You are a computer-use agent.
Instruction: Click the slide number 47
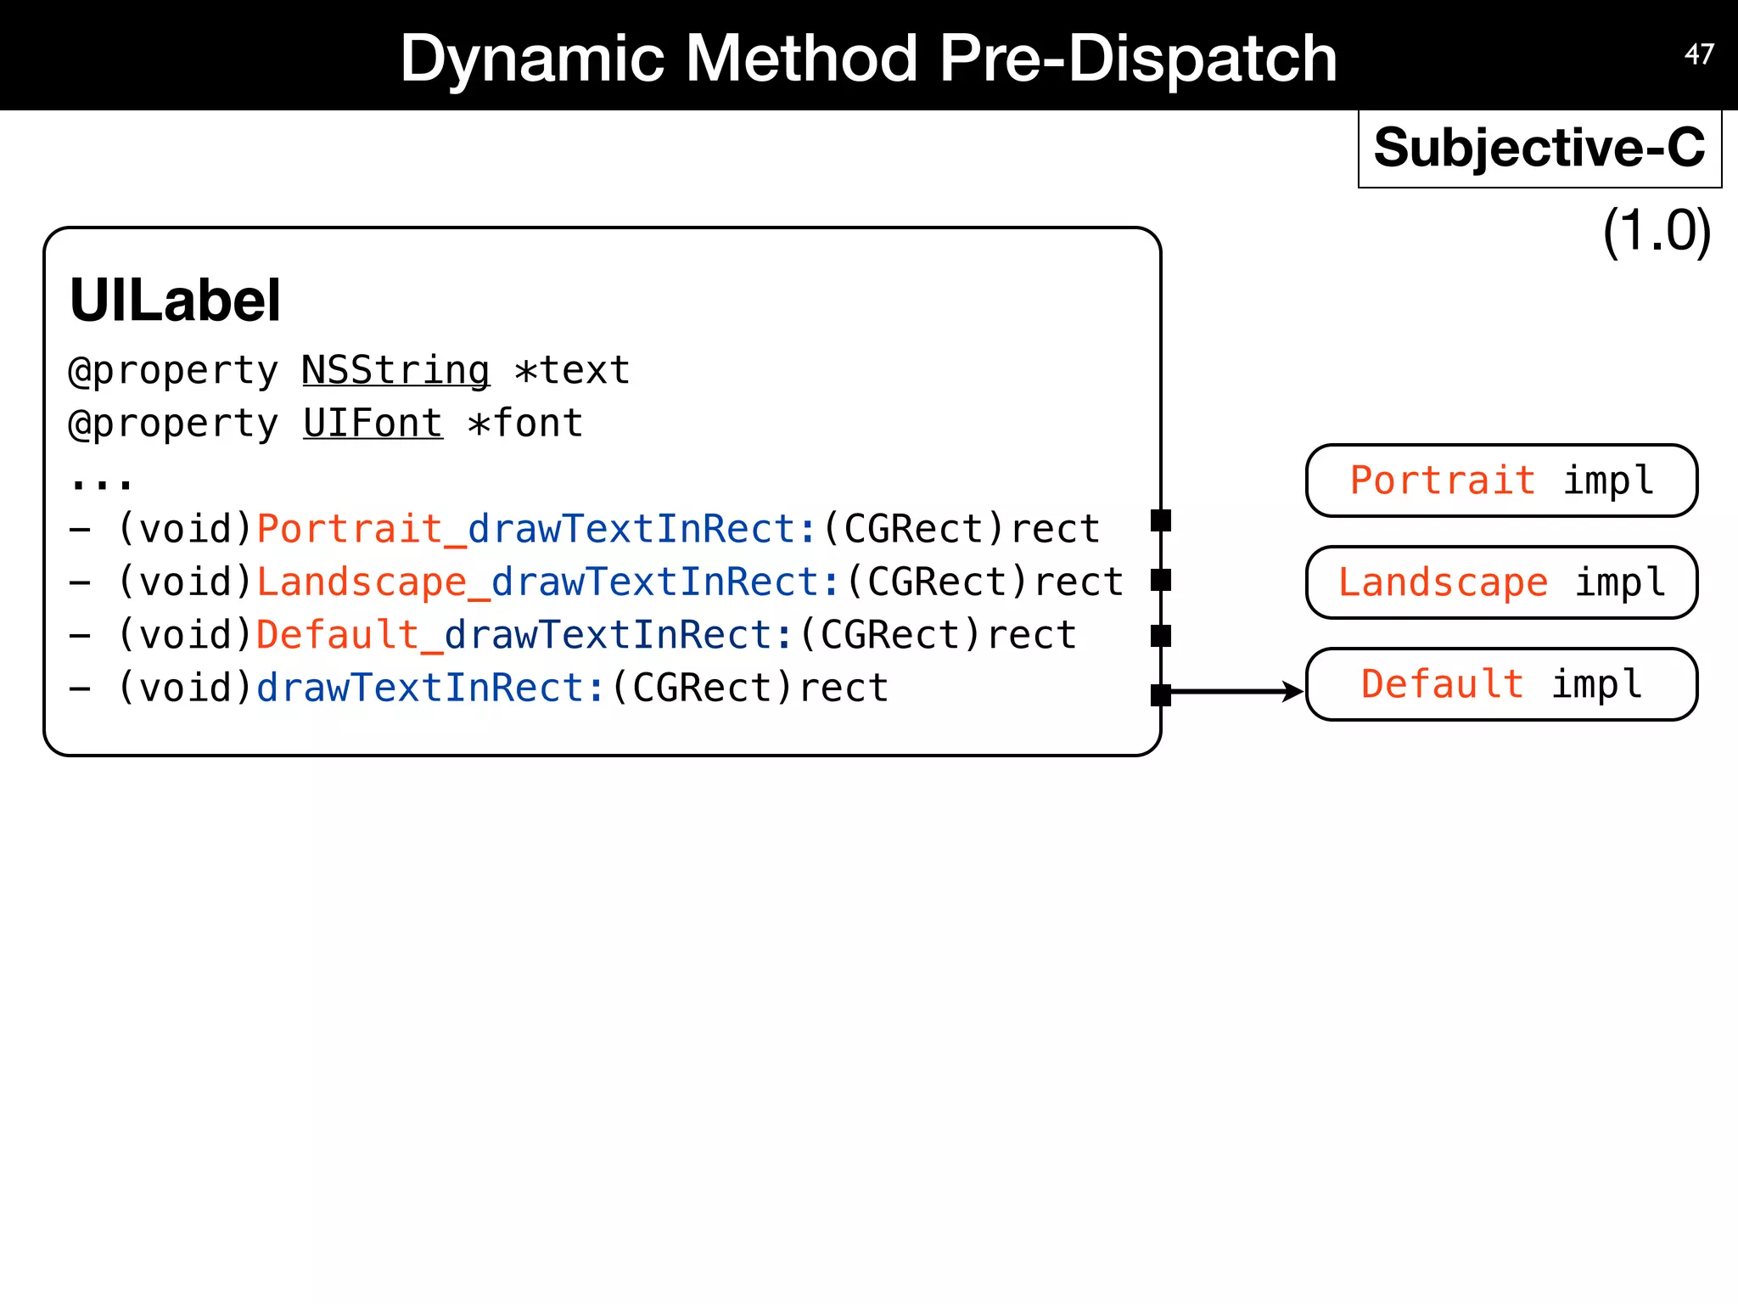click(x=1699, y=54)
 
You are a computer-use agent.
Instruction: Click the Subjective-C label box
click(x=1539, y=148)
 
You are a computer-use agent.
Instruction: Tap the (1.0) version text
click(x=1656, y=231)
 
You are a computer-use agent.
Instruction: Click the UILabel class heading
click(x=175, y=301)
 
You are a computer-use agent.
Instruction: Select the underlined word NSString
click(x=395, y=371)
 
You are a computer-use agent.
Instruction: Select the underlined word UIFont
click(x=373, y=423)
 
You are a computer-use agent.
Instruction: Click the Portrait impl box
click(x=1501, y=481)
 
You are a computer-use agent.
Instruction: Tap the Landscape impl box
click(x=1501, y=582)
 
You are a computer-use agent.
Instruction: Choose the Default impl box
click(x=1501, y=684)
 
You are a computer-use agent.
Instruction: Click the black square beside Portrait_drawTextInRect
click(x=1161, y=520)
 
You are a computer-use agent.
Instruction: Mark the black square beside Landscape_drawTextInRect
click(x=1161, y=580)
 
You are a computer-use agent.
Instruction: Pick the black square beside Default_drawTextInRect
click(x=1161, y=636)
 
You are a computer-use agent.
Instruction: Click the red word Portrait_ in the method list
click(x=361, y=529)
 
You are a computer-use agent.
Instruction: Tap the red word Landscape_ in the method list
click(x=373, y=582)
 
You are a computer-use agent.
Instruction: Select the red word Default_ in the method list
click(x=349, y=635)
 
